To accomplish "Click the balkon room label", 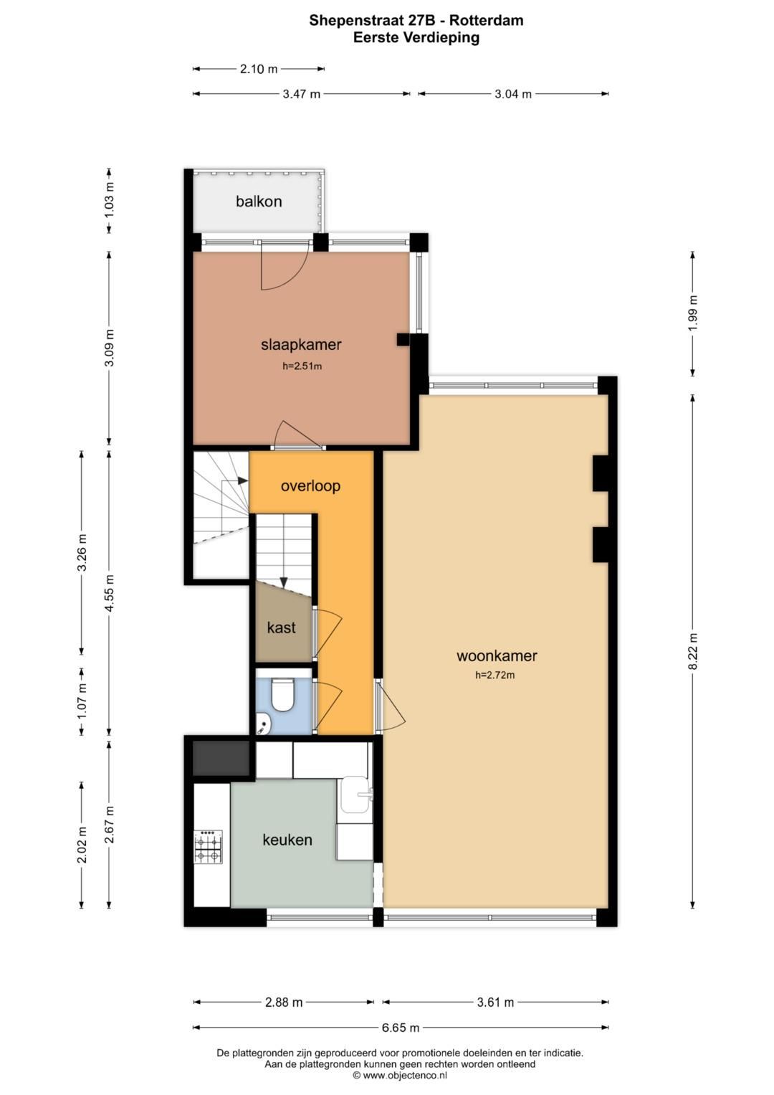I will pyautogui.click(x=259, y=202).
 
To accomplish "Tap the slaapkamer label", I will pyautogui.click(x=301, y=344).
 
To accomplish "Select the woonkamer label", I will pyautogui.click(x=497, y=655).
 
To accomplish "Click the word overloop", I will pyautogui.click(x=310, y=486).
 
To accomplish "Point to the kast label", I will pyautogui.click(x=281, y=628).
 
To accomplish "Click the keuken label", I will pyautogui.click(x=287, y=840).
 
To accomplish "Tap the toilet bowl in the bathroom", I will pyautogui.click(x=283, y=694).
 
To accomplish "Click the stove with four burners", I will pyautogui.click(x=209, y=848).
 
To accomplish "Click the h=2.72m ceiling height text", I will pyautogui.click(x=495, y=675).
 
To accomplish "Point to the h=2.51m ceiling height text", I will pyautogui.click(x=302, y=366).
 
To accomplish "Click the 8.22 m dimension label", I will pyautogui.click(x=692, y=651).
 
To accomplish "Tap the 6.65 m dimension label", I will pyautogui.click(x=401, y=1028).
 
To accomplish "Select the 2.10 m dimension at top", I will pyautogui.click(x=259, y=69).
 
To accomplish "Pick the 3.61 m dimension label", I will pyautogui.click(x=495, y=1002).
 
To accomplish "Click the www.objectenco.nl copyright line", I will pyautogui.click(x=400, y=1075).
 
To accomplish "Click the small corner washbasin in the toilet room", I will pyautogui.click(x=264, y=724).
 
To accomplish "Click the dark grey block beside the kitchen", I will pyautogui.click(x=221, y=758).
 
